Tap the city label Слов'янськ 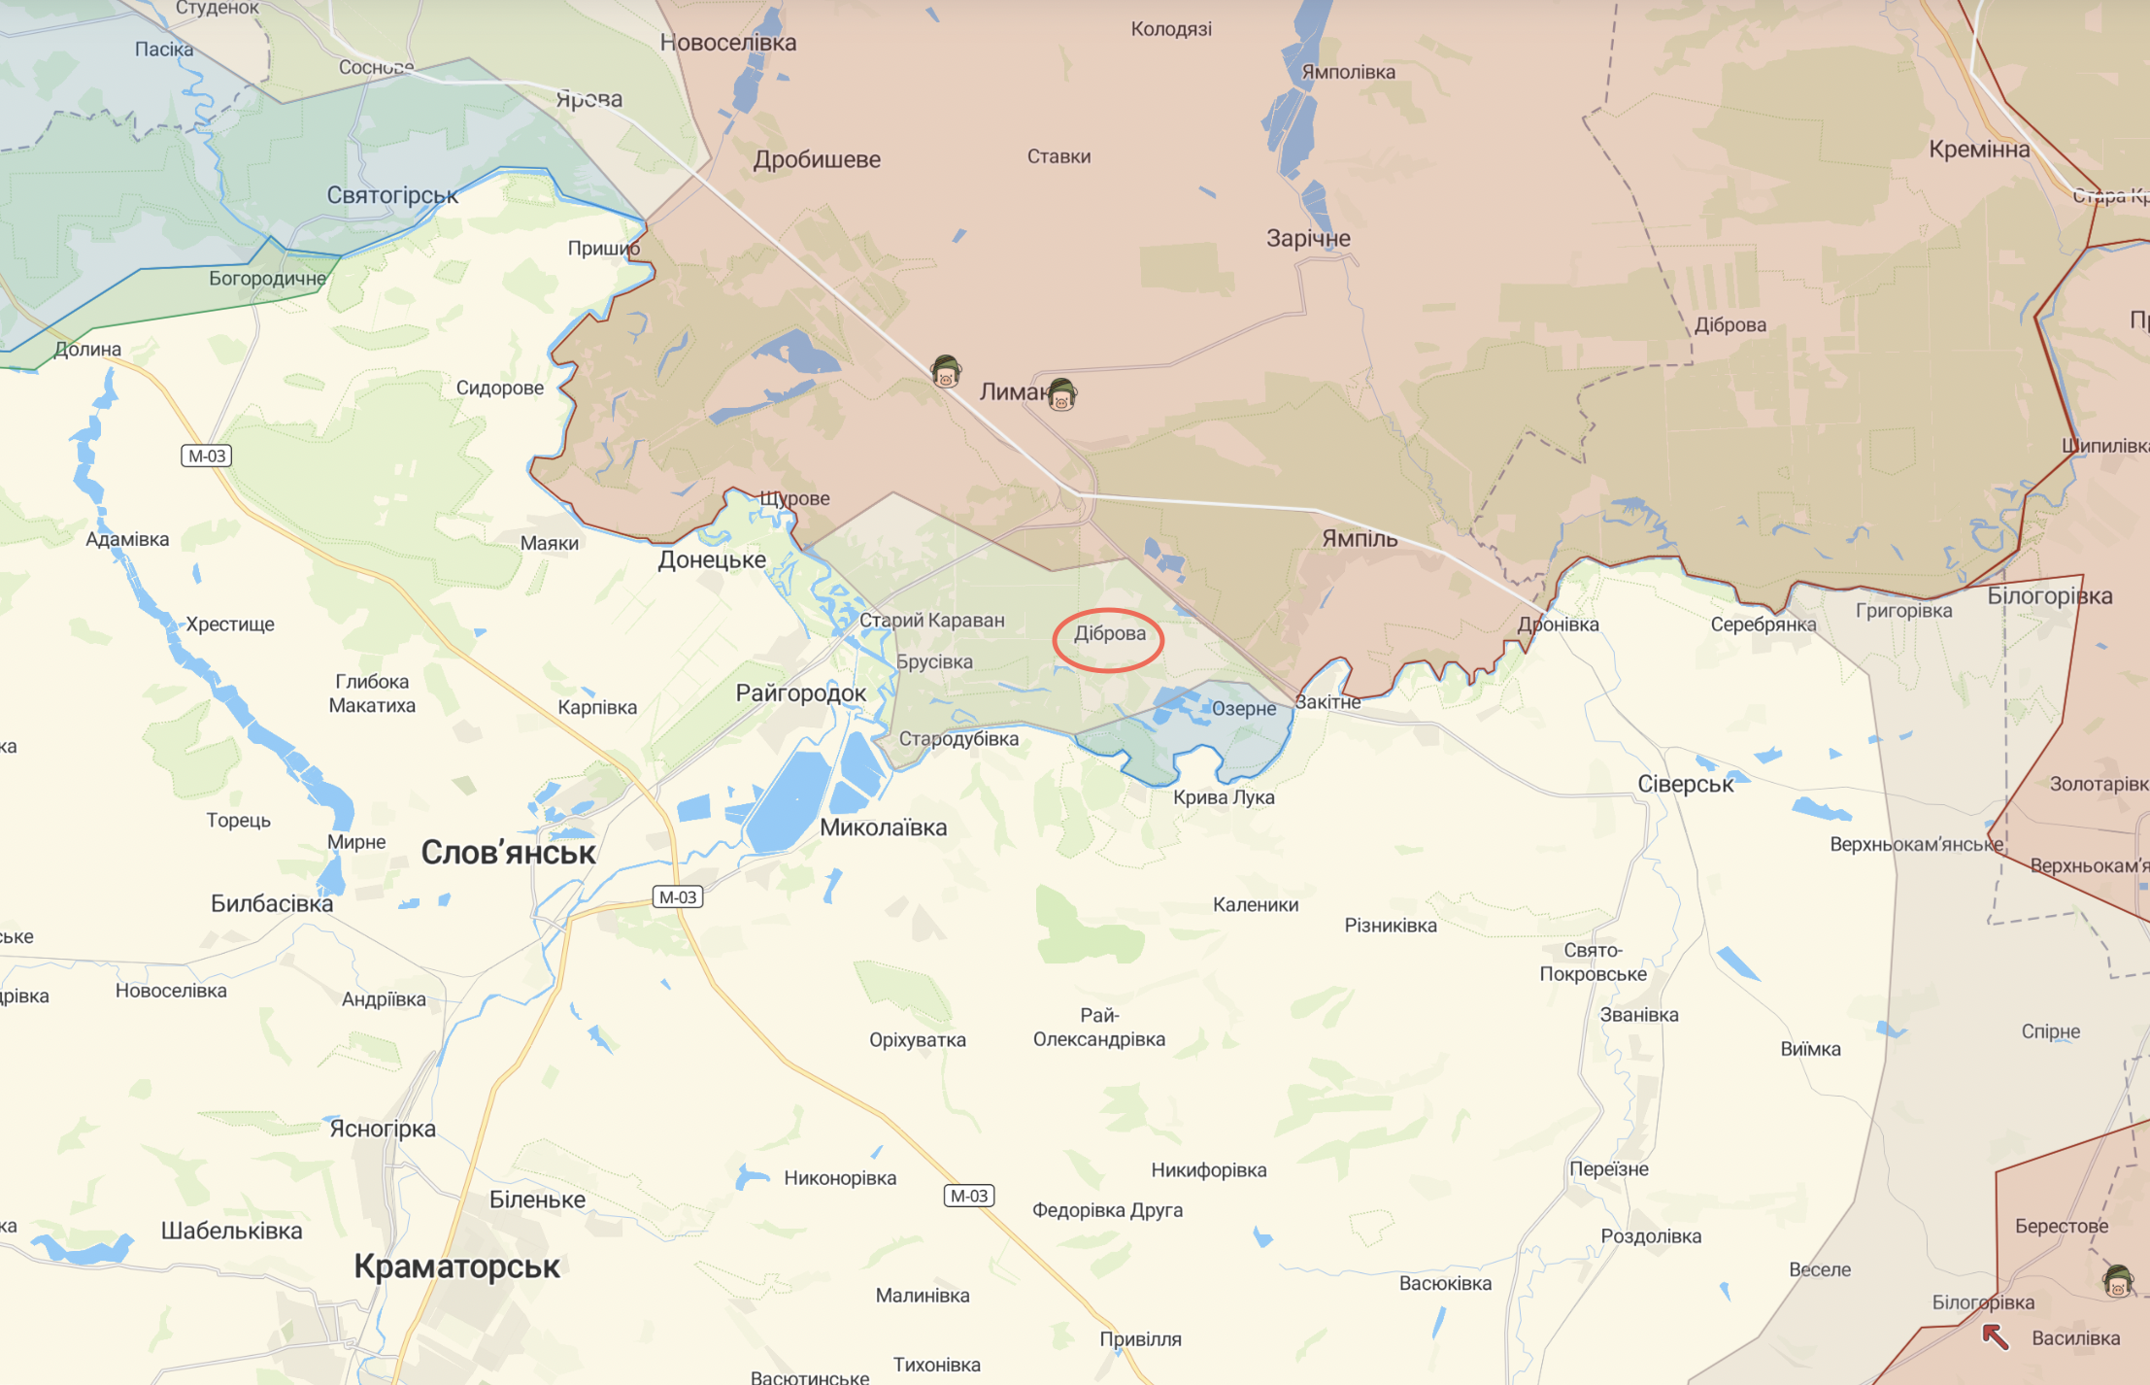[x=508, y=853]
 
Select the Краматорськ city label [x=456, y=1267]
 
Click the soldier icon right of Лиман [x=1061, y=395]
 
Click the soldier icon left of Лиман [x=945, y=371]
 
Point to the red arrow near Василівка [x=1995, y=1337]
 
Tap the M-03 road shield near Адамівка [x=206, y=456]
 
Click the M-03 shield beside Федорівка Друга [x=968, y=1196]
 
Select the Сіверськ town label [x=1685, y=784]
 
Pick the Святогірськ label [x=391, y=195]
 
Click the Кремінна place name [x=1978, y=150]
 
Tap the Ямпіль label [x=1359, y=539]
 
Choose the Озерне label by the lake [x=1243, y=709]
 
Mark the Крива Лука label [x=1224, y=797]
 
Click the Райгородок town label [x=800, y=693]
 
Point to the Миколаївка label [x=883, y=828]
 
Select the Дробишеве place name [x=817, y=159]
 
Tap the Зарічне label [x=1307, y=238]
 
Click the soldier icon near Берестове [x=2117, y=1281]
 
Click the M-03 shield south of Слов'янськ [x=677, y=896]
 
